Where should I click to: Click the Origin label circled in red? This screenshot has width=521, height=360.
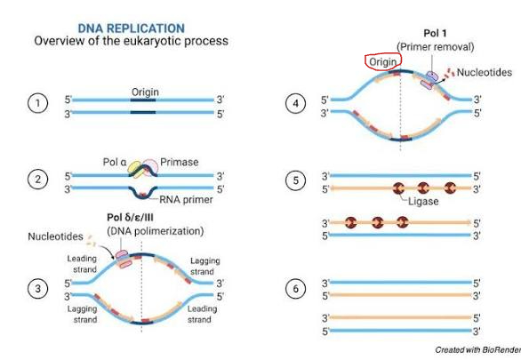tap(383, 62)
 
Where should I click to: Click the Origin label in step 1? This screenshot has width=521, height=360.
tap(145, 92)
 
